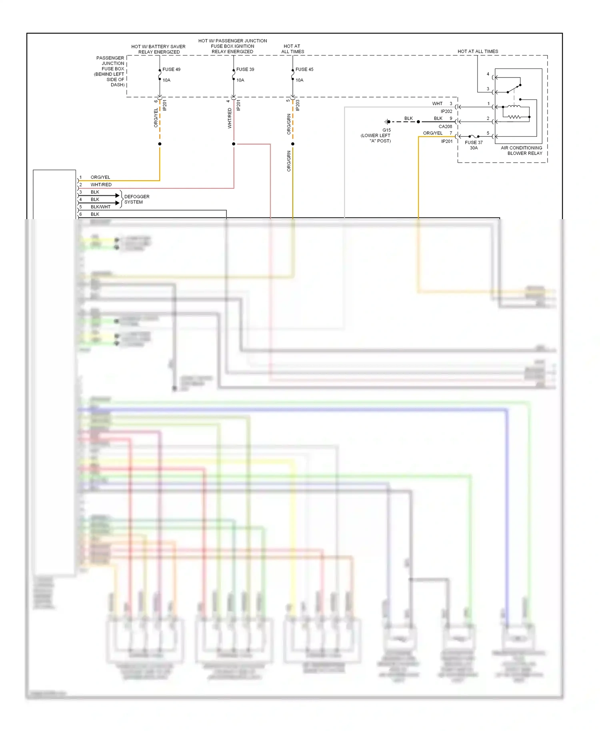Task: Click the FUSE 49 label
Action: tap(171, 69)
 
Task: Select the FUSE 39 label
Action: tap(245, 69)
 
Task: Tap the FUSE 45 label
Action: tap(304, 69)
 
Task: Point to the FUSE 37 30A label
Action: tap(474, 145)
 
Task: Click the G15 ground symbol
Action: tap(387, 122)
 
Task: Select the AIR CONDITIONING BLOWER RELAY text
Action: tap(522, 150)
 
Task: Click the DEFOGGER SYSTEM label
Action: tap(136, 199)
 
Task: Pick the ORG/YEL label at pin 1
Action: tap(100, 177)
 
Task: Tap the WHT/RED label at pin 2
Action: tap(101, 185)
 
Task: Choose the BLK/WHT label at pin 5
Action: tap(100, 207)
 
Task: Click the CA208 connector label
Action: tap(445, 126)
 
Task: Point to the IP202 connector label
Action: tap(446, 111)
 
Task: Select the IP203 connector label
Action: tap(298, 105)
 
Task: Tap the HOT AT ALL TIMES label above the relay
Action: tap(478, 51)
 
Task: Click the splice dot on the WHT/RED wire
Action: tap(234, 144)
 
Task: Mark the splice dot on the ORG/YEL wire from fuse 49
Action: tap(160, 144)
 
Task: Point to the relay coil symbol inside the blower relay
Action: tap(514, 106)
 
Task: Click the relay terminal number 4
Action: tap(488, 74)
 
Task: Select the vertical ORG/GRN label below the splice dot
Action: tap(289, 161)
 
